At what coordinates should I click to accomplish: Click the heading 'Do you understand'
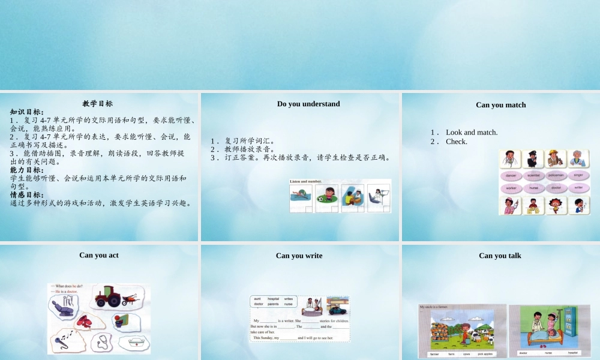308,104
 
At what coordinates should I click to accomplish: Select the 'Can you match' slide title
500,105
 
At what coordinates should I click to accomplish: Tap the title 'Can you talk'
500,256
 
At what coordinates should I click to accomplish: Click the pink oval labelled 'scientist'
534,175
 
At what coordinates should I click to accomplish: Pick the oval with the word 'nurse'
534,188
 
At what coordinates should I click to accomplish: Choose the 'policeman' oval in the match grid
556,175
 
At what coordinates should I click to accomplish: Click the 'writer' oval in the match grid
578,188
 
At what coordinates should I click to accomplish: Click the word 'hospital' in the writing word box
273,298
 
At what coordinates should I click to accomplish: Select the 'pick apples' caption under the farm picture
485,354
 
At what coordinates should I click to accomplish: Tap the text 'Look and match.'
472,133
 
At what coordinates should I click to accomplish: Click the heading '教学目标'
98,103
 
